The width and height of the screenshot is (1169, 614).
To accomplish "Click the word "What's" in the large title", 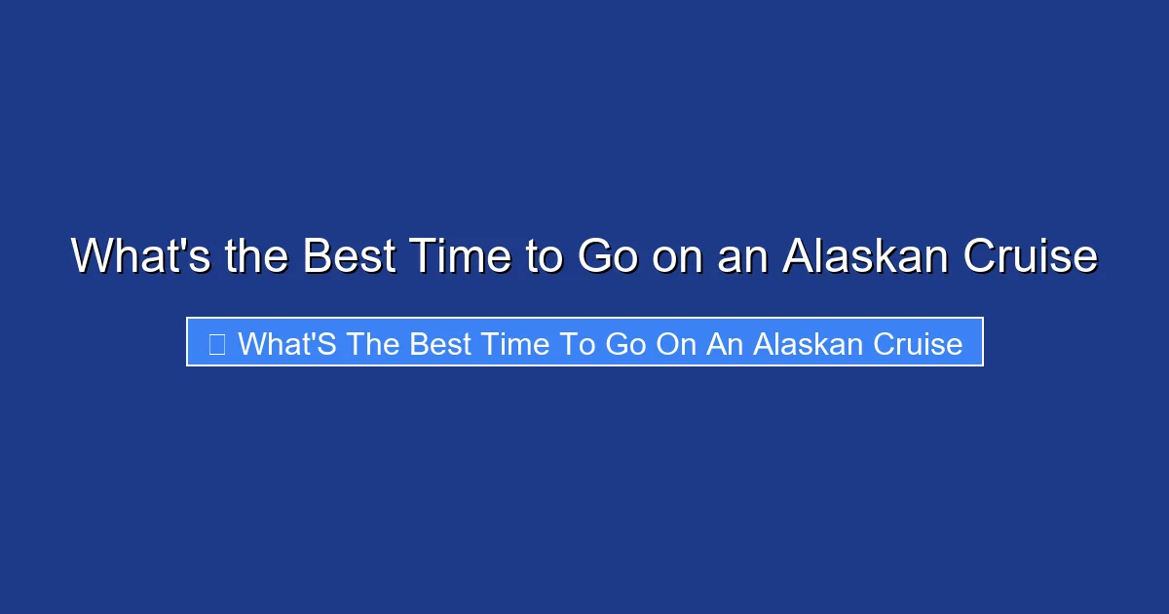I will (x=138, y=257).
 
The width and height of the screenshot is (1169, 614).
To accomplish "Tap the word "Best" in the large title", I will (x=349, y=257).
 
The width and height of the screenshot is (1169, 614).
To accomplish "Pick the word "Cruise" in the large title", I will (x=1030, y=257).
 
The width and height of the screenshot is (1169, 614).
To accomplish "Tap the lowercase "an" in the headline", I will (x=743, y=257).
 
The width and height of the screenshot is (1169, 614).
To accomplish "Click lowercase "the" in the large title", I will (x=254, y=257).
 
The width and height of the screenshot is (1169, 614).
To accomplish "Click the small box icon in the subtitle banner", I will (x=216, y=343).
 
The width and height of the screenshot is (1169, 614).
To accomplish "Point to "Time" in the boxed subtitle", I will (x=517, y=343).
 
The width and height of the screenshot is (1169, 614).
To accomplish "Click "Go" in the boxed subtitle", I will (x=624, y=343).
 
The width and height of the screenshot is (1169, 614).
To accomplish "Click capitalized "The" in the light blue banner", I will (x=373, y=343).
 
